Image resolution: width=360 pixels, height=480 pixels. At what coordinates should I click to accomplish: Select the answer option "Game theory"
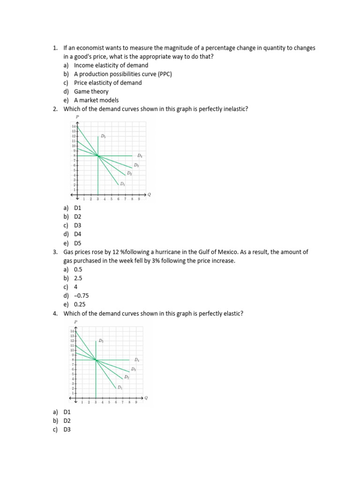point(91,91)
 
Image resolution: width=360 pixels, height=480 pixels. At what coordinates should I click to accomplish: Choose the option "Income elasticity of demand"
point(111,65)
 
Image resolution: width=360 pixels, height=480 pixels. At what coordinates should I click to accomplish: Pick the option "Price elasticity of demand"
point(108,82)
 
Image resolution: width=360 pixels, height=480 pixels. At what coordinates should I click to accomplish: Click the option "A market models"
point(96,100)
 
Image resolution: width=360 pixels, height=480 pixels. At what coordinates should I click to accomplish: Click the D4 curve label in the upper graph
point(140,155)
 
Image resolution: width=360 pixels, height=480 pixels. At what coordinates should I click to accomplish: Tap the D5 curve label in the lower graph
point(101,341)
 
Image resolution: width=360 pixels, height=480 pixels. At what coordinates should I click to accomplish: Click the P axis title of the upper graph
point(77,117)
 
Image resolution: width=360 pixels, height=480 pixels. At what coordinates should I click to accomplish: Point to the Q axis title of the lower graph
point(146,398)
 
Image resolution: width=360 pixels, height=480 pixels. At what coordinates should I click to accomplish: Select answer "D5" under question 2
point(77,243)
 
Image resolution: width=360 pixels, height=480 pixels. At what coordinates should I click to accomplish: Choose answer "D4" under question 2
point(77,234)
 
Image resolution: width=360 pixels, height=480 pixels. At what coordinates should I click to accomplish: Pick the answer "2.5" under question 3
point(78,278)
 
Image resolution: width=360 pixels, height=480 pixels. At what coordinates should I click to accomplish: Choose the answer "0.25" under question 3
point(80,304)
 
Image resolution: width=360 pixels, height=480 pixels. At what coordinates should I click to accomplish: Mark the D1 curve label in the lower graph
point(120,387)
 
